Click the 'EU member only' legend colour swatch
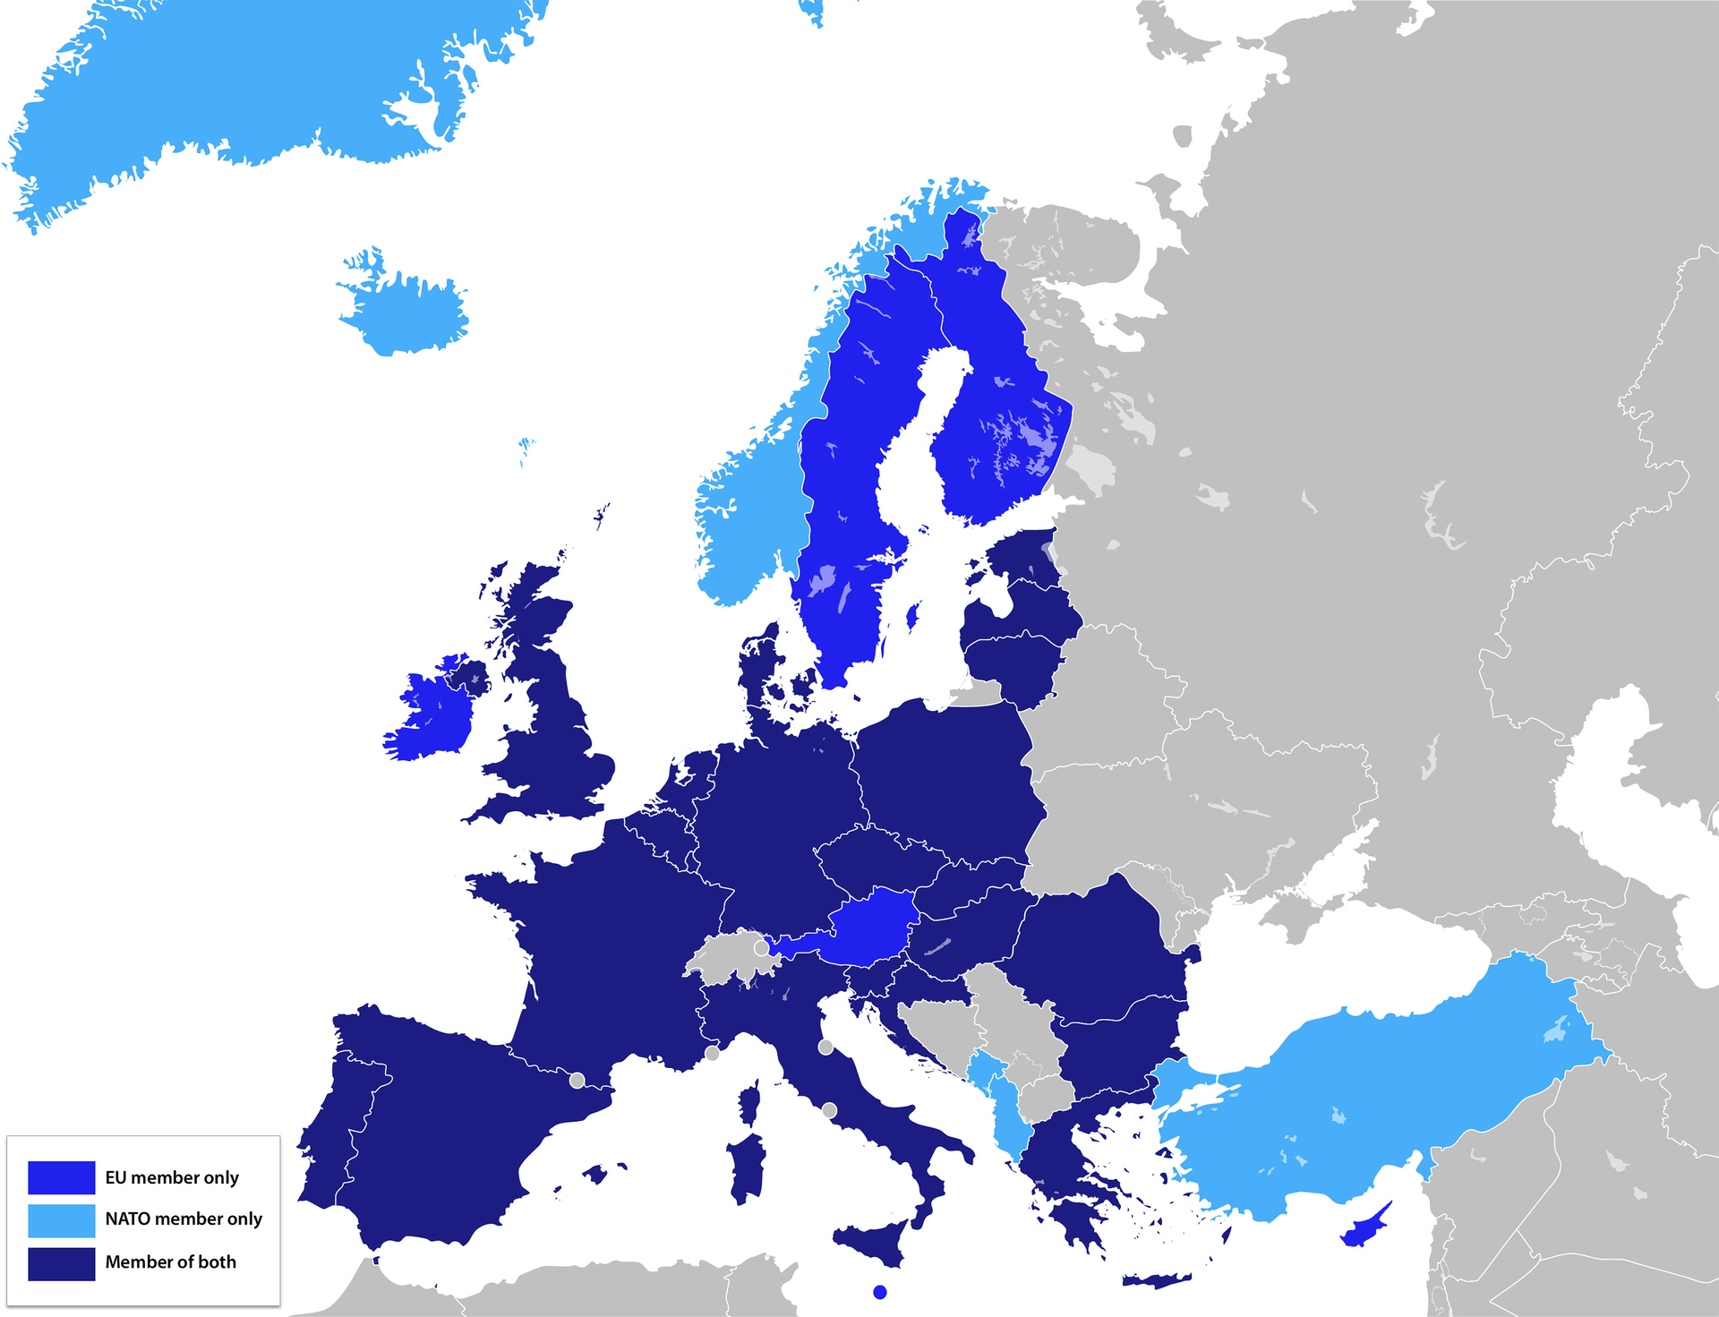(61, 1177)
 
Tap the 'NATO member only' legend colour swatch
(61, 1219)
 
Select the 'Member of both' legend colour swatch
(61, 1263)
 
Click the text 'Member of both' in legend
(170, 1262)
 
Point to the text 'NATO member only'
(184, 1219)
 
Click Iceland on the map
(407, 309)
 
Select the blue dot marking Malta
(880, 1292)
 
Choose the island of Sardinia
(746, 1164)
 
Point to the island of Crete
(1159, 1280)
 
